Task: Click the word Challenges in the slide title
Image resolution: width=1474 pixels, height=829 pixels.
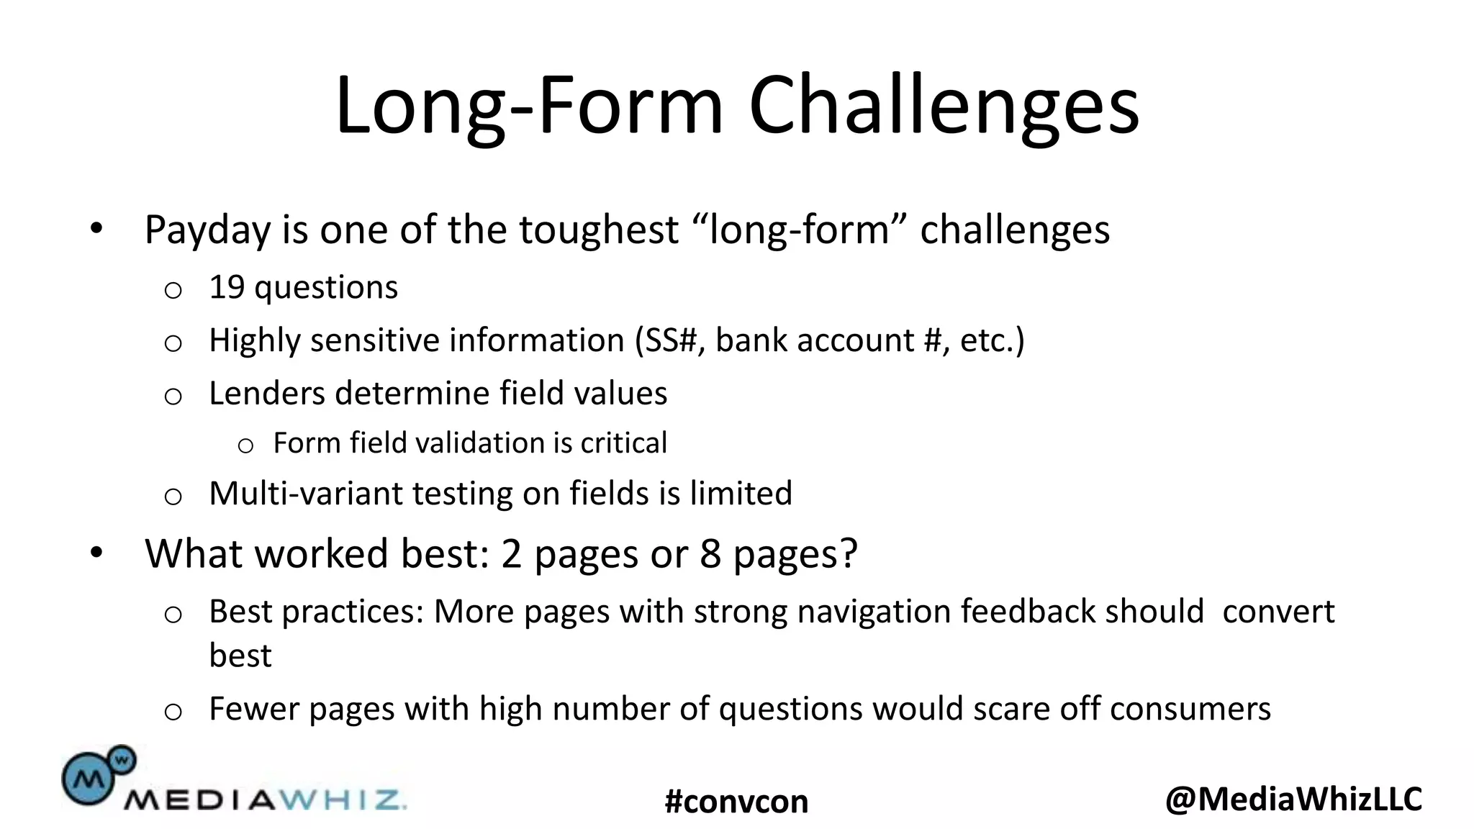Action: click(944, 106)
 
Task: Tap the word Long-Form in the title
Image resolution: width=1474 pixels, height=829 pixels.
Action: click(529, 106)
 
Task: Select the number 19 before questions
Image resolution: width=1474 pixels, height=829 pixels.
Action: click(227, 287)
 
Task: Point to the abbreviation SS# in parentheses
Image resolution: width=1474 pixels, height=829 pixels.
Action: click(669, 340)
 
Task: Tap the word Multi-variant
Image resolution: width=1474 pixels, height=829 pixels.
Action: click(305, 494)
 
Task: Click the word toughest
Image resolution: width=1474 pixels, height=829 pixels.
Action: click(599, 230)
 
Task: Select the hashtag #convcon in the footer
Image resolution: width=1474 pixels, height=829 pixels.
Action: click(736, 802)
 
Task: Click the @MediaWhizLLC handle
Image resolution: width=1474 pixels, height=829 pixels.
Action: click(1293, 799)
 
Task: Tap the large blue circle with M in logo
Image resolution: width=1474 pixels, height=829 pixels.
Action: click(88, 779)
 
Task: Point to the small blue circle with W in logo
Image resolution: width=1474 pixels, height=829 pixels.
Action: click(122, 758)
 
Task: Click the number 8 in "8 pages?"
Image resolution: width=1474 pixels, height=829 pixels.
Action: click(710, 554)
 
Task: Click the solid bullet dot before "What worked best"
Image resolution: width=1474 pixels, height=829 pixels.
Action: click(96, 553)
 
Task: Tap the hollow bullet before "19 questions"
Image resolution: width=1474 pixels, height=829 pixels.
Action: click(173, 291)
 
